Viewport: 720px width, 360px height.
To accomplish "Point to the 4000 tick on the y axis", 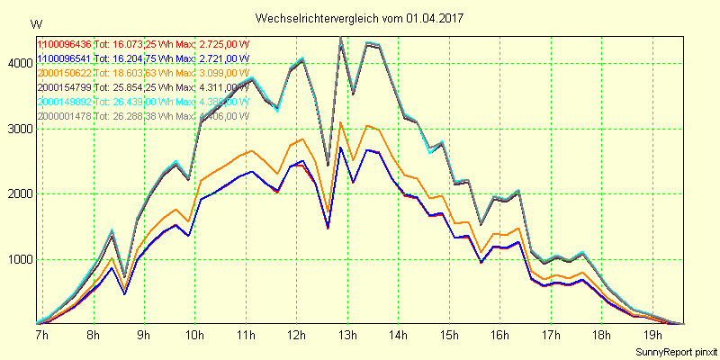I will [17, 63].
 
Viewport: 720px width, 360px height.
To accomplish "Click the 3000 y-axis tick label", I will [17, 129].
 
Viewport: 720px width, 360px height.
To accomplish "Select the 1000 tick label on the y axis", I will [17, 260].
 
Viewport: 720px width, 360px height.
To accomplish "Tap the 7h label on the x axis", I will [42, 334].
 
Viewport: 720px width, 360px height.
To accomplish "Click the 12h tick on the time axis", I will [293, 334].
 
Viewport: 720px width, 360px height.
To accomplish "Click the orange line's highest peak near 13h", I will [340, 122].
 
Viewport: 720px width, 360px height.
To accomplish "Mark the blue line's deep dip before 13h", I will [328, 227].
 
